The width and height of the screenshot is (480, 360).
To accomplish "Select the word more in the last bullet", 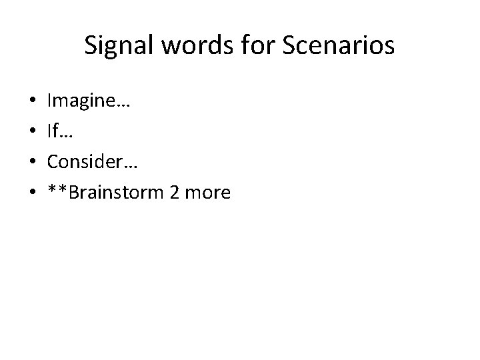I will coord(209,193).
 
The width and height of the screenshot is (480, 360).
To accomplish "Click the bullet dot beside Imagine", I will coord(33,103).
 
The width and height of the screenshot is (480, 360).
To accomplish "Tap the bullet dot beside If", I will coord(33,133).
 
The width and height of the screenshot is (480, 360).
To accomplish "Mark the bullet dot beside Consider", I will coord(33,163).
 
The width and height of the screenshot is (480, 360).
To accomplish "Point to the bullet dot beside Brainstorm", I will coord(33,194).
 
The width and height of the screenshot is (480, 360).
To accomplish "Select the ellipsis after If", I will coord(65,137).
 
